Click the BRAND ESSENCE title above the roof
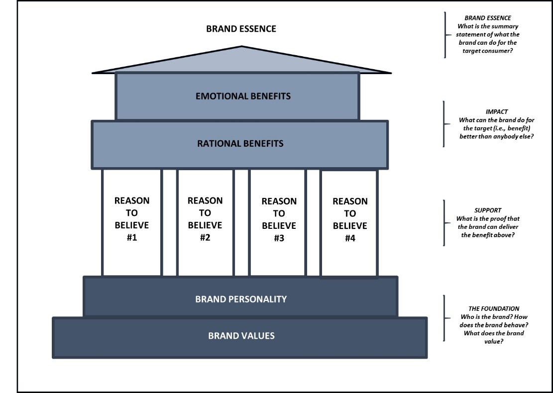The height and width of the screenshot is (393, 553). coord(241,29)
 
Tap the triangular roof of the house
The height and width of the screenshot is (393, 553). coord(241,62)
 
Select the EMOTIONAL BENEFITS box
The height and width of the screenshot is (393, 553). coord(237,96)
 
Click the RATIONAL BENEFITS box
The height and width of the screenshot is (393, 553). coord(240,144)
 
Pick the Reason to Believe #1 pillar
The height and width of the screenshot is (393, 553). coord(132,222)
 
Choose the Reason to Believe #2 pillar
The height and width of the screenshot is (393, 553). coord(205,222)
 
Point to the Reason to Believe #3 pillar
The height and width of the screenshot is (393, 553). coord(279,223)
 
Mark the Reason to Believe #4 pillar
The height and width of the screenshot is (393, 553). coord(350,223)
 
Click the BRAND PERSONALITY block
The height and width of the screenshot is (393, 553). coord(241,299)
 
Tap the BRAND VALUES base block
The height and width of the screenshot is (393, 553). coord(241,336)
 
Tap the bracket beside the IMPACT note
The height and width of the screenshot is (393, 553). coord(443,124)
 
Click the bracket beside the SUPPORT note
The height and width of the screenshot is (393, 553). coord(443,222)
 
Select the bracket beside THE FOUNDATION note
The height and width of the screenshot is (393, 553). coord(443,318)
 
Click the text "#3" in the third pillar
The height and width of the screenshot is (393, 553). coord(279,238)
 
